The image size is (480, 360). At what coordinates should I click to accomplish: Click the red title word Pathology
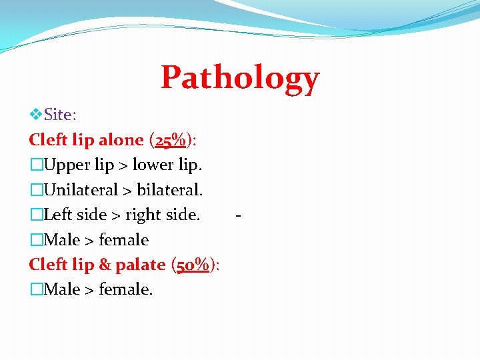click(x=240, y=79)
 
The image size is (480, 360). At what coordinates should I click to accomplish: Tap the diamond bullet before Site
click(x=36, y=115)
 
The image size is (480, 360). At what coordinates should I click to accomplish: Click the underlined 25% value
click(x=170, y=140)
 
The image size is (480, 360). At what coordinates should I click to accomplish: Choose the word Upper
click(x=67, y=165)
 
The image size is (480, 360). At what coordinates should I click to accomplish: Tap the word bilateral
click(x=169, y=190)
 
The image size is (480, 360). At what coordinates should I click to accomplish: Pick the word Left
click(x=59, y=215)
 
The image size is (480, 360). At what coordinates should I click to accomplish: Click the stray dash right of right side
click(x=238, y=215)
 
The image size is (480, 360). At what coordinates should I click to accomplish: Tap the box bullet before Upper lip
click(x=36, y=165)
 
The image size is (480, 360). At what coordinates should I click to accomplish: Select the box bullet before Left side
click(x=36, y=215)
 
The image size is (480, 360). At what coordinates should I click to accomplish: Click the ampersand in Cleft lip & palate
click(x=105, y=265)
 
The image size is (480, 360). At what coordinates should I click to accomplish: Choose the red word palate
click(x=140, y=265)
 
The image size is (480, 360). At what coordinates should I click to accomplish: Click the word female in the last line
click(x=126, y=290)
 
